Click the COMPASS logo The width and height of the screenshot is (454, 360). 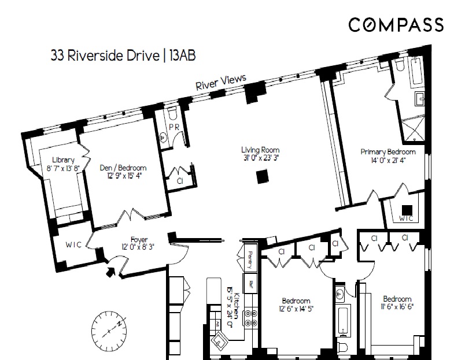click(x=396, y=24)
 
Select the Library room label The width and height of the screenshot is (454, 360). click(x=63, y=160)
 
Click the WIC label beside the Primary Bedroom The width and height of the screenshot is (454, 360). click(x=407, y=218)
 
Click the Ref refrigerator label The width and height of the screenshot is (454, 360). click(x=250, y=284)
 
